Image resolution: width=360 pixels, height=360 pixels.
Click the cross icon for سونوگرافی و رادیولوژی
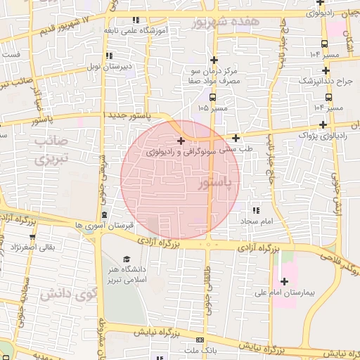(x=181, y=142)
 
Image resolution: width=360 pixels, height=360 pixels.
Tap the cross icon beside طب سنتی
(x=236, y=138)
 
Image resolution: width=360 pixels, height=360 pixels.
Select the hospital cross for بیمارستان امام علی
(x=284, y=281)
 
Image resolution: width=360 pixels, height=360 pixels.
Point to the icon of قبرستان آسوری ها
(x=105, y=214)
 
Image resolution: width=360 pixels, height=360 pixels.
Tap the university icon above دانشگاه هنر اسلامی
(x=127, y=259)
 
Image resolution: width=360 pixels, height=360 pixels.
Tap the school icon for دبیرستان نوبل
(x=108, y=56)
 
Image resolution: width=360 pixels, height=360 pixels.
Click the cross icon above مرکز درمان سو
(x=214, y=60)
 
